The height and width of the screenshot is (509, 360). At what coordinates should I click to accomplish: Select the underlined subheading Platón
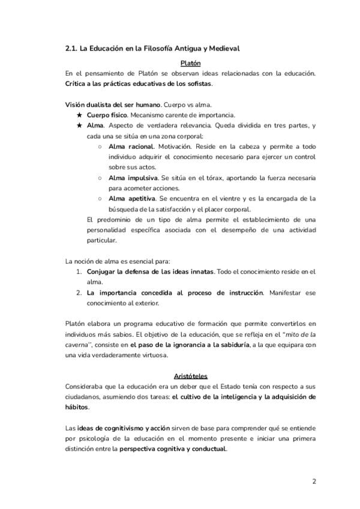click(x=190, y=63)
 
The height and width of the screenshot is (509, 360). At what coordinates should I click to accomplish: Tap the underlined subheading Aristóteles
click(x=190, y=376)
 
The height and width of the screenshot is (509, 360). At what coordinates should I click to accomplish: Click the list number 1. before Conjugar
click(x=79, y=271)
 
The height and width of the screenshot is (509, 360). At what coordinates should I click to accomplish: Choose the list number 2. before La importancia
click(x=79, y=292)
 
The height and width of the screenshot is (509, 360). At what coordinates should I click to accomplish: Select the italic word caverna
click(x=77, y=345)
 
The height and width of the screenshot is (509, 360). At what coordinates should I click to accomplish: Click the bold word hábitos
click(x=76, y=407)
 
